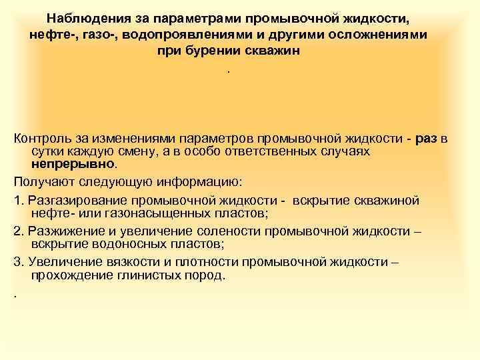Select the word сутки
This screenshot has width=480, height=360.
tap(48, 151)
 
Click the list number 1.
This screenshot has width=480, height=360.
tap(17, 201)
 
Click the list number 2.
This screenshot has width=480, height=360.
tap(17, 231)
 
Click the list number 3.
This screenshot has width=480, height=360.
tap(17, 261)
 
